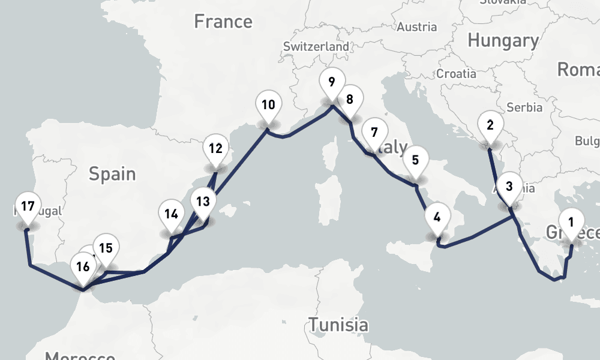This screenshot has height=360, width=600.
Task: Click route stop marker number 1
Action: tap(571, 223)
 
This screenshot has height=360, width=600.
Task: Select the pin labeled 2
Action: tap(490, 127)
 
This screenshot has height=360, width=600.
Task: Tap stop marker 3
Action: tap(509, 187)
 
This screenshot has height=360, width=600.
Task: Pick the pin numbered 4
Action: tap(437, 218)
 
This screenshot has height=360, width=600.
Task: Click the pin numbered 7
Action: tap(374, 133)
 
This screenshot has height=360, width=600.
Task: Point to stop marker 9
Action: tap(331, 81)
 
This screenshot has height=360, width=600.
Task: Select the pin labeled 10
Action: tap(268, 106)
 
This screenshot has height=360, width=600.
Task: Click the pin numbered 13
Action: tap(203, 202)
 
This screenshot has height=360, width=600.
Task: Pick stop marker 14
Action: tap(172, 214)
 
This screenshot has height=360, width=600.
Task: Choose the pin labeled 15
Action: tap(106, 248)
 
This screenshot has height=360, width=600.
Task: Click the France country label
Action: tap(223, 22)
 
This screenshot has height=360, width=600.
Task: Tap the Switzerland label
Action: tap(316, 46)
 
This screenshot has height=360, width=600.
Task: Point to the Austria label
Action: tap(417, 27)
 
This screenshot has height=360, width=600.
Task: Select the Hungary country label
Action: tap(503, 41)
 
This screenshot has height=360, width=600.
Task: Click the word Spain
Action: tap(112, 174)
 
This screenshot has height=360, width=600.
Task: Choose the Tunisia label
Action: tap(338, 325)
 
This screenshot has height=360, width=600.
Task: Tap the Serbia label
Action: tap(524, 108)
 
